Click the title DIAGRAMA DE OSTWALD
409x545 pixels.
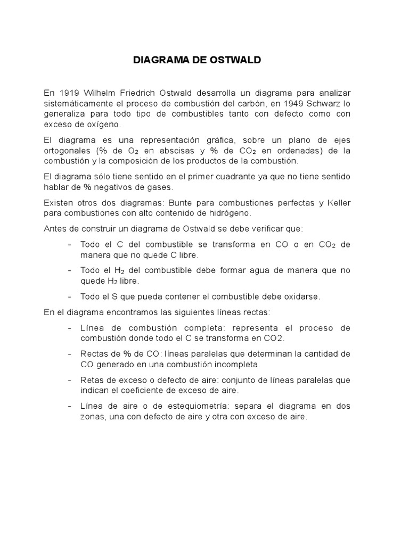point(197,60)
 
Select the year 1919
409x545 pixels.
point(67,93)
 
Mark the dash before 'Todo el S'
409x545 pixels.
point(71,296)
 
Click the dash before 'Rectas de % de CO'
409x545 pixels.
point(71,354)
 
